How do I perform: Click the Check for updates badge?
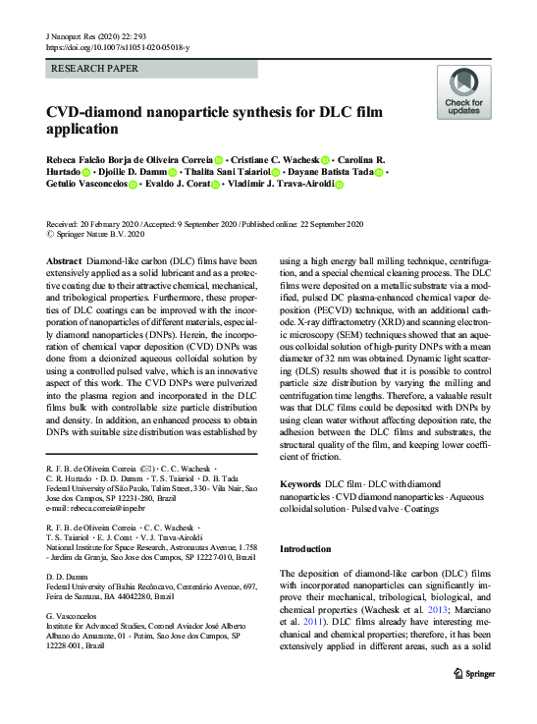click(x=464, y=92)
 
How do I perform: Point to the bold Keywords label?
click(x=300, y=484)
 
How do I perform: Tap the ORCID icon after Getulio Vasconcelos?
click(x=133, y=184)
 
